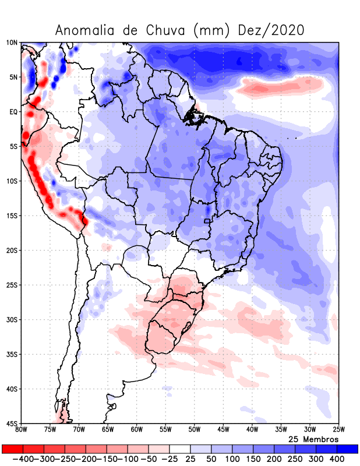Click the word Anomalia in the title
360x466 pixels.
click(87, 30)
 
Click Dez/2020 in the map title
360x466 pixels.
click(271, 30)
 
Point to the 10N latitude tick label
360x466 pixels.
click(12, 43)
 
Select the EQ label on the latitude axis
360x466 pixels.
click(13, 112)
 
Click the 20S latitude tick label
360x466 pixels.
click(12, 250)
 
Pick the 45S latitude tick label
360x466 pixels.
click(12, 423)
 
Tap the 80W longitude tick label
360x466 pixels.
click(22, 430)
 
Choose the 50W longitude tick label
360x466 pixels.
click(194, 430)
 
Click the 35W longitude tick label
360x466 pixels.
click(280, 430)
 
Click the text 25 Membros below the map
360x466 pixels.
click(313, 439)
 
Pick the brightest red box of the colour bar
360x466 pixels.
click(12, 449)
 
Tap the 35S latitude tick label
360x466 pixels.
click(12, 354)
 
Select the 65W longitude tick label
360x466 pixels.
click(108, 430)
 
